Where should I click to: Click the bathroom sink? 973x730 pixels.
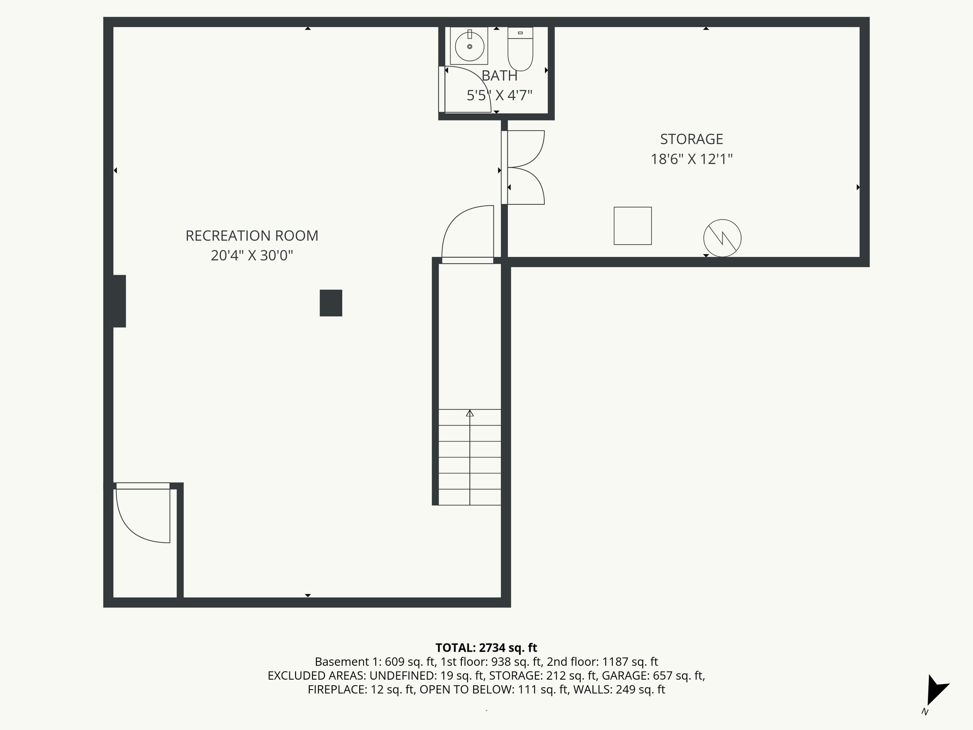469,46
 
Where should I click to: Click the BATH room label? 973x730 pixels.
499,76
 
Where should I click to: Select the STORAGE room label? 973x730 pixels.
691,139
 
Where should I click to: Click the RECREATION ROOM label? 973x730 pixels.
252,236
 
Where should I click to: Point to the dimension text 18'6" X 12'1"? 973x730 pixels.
691,159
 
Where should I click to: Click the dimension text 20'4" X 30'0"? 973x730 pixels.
252,256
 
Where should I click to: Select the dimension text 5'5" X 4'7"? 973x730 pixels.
499,96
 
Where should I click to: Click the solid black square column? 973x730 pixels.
331,303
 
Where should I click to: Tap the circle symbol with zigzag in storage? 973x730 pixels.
722,238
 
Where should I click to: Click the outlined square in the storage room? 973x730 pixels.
632,226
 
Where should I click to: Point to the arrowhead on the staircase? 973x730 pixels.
470,413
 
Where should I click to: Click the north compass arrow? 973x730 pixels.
936,690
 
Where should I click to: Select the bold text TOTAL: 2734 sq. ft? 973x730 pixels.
486,648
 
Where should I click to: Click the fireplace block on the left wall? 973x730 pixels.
118,301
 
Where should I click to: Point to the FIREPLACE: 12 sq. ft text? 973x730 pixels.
361,690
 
